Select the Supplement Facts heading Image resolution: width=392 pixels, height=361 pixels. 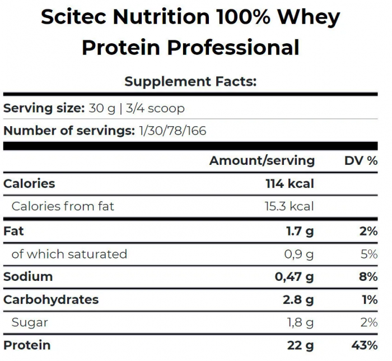[x=190, y=81]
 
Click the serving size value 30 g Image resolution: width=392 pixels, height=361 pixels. [x=102, y=108]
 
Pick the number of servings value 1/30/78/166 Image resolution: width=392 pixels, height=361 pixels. [x=172, y=131]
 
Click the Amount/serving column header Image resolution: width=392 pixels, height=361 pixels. [x=262, y=161]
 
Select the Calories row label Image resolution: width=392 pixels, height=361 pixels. [x=29, y=183]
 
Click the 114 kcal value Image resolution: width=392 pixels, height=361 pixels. [x=290, y=183]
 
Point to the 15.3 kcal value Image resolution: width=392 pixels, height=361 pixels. [x=289, y=206]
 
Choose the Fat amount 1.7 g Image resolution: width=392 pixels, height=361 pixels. [x=300, y=231]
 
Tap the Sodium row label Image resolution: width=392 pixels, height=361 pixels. [x=28, y=276]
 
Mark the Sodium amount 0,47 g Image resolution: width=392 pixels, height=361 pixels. [x=294, y=276]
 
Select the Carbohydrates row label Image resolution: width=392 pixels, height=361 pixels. [x=51, y=299]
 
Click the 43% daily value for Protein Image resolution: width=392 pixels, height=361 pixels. [x=365, y=345]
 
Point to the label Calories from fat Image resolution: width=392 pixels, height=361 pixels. [x=63, y=206]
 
